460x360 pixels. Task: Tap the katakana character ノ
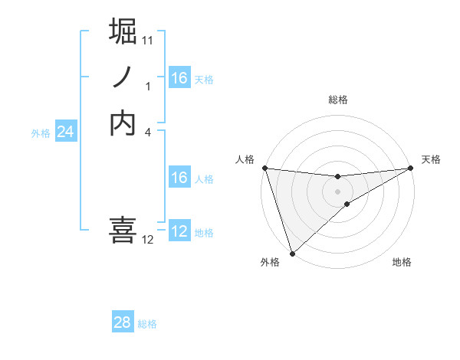point(124,77)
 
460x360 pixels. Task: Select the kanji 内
point(124,123)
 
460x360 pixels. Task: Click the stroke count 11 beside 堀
point(148,40)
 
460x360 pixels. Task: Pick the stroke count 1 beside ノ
point(148,87)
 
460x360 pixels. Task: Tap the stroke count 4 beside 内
point(148,132)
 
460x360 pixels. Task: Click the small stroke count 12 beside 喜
point(148,240)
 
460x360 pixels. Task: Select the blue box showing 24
point(65,132)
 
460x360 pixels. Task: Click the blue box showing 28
point(123,322)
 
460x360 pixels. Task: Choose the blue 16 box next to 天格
point(179,78)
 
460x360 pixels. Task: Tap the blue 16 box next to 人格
point(179,178)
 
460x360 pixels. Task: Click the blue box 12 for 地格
point(179,231)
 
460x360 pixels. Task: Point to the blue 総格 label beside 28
point(147,324)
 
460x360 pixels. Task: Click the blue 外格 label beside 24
point(41,133)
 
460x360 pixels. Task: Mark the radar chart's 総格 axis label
point(337,100)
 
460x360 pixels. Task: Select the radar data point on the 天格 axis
point(411,168)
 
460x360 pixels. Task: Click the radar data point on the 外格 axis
point(292,253)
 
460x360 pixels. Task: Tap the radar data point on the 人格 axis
point(264,168)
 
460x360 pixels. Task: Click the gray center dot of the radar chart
point(337,191)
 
